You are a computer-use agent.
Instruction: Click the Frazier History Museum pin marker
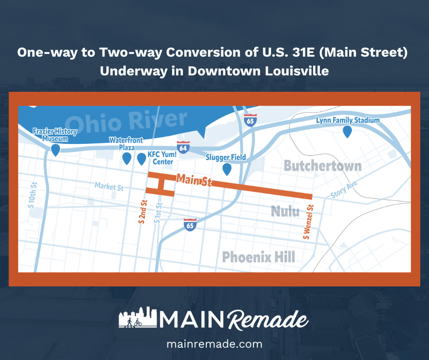point(56,149)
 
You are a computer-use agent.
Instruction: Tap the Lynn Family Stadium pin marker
point(347,132)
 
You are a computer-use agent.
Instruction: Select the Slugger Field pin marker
point(226,169)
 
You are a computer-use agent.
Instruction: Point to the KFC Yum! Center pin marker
point(141,159)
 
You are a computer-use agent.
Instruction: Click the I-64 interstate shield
point(183,147)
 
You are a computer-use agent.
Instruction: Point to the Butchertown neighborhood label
point(322,165)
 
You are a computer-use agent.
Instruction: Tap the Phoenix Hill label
point(258,256)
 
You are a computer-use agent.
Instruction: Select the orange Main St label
point(194,180)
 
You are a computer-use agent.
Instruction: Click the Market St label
point(109,186)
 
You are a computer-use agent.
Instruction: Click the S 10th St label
point(32,195)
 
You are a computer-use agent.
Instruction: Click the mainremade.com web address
point(214,344)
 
